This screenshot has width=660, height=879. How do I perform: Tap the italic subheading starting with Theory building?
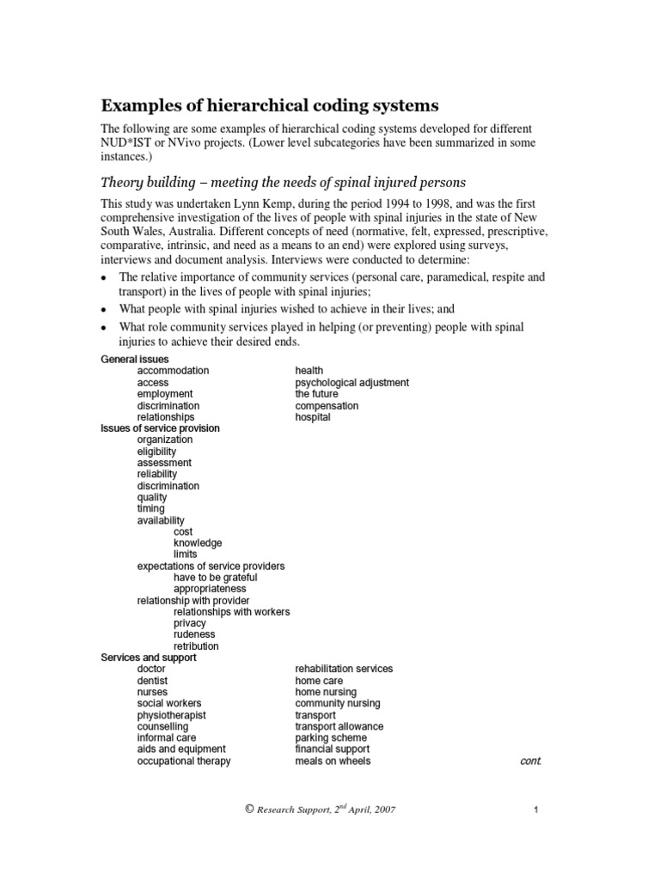click(283, 182)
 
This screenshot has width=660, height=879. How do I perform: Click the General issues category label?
click(135, 359)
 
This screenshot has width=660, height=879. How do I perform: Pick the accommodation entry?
click(173, 371)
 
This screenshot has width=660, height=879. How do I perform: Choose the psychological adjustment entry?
click(351, 383)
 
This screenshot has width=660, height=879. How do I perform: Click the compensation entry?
click(327, 406)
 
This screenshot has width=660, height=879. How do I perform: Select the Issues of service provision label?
click(160, 428)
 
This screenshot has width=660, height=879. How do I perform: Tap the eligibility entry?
click(156, 452)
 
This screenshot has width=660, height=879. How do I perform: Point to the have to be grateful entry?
click(215, 578)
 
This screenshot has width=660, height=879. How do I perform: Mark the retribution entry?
click(196, 646)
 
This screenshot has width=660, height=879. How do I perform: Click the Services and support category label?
click(148, 658)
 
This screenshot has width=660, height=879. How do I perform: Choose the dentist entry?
click(152, 681)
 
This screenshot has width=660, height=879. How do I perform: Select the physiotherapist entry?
click(171, 715)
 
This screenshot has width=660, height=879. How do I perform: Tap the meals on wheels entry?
click(333, 761)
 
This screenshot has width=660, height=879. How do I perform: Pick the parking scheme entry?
click(331, 738)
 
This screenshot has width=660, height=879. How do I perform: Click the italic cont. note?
click(531, 761)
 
